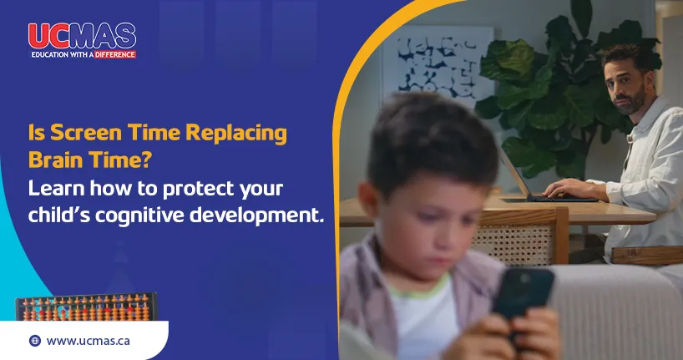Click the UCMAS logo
click(x=81, y=36)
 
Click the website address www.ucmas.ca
click(x=88, y=341)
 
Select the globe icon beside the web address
click(x=34, y=341)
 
